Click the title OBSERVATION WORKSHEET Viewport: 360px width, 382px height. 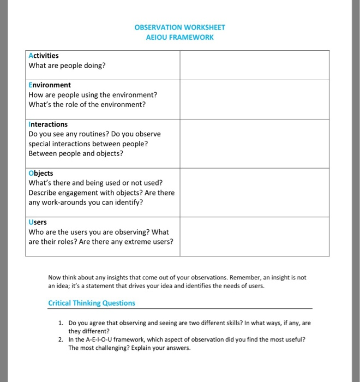point(179,27)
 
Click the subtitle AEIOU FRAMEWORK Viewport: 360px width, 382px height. point(179,38)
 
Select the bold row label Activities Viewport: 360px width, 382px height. point(44,56)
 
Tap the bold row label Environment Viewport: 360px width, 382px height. point(50,85)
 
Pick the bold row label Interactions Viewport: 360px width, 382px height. point(48,124)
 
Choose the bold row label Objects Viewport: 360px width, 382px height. point(41,173)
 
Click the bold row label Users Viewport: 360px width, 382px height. point(38,222)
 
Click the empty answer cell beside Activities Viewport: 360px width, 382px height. point(254,65)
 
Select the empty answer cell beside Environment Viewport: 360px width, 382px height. point(254,99)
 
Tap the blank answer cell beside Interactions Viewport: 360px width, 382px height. point(254,144)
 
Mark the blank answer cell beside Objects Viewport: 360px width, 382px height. point(254,192)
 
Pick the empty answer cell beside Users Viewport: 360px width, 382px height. point(254,236)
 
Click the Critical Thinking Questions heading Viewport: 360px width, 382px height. point(92,303)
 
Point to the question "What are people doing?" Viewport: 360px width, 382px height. point(67,65)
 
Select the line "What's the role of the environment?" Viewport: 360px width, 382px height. point(87,104)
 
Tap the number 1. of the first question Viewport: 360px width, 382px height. point(61,323)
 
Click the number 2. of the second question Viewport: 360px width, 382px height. point(61,339)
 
